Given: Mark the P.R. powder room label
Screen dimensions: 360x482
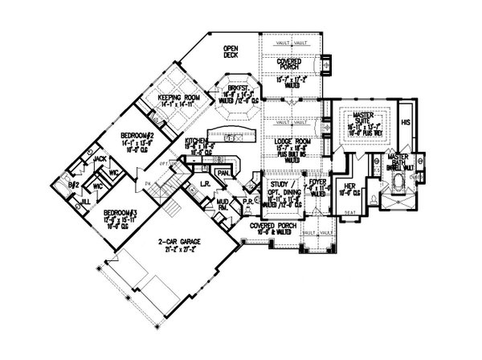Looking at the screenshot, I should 251,202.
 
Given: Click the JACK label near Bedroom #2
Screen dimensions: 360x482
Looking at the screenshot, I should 100,158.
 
